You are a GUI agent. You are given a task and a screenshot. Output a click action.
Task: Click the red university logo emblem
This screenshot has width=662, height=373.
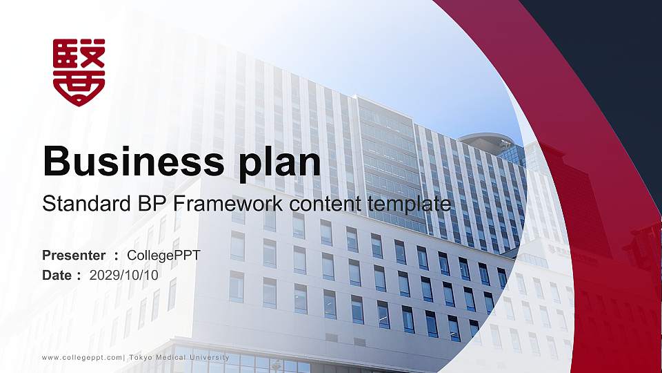tap(79, 71)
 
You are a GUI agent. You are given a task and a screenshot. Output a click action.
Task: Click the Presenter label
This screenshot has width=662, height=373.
tap(74, 256)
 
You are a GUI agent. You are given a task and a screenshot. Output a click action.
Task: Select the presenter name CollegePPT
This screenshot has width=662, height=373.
tap(164, 256)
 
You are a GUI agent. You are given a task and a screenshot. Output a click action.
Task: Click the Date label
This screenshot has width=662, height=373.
tap(57, 275)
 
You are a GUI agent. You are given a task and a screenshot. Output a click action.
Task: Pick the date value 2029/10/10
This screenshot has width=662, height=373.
tap(124, 275)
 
